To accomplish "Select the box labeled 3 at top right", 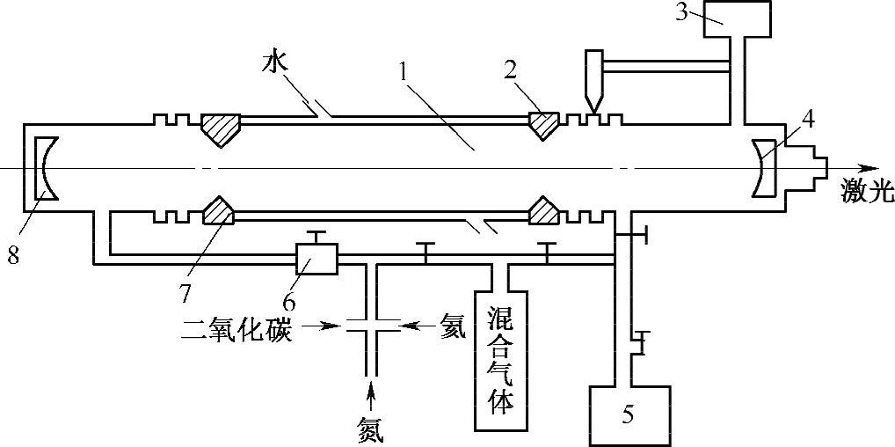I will point(738,18).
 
